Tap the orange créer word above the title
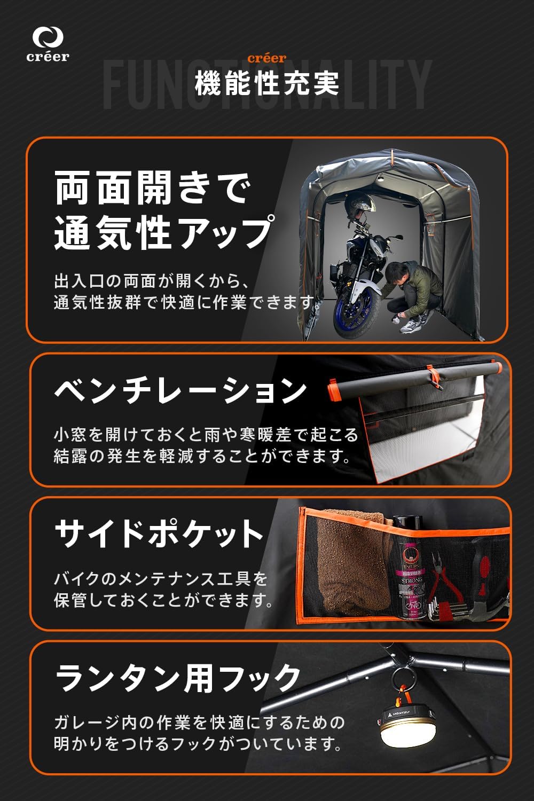pos(267,58)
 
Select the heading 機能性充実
pos(267,84)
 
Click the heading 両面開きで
pos(153,187)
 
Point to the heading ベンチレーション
pos(180,391)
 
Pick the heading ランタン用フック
pos(178,678)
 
